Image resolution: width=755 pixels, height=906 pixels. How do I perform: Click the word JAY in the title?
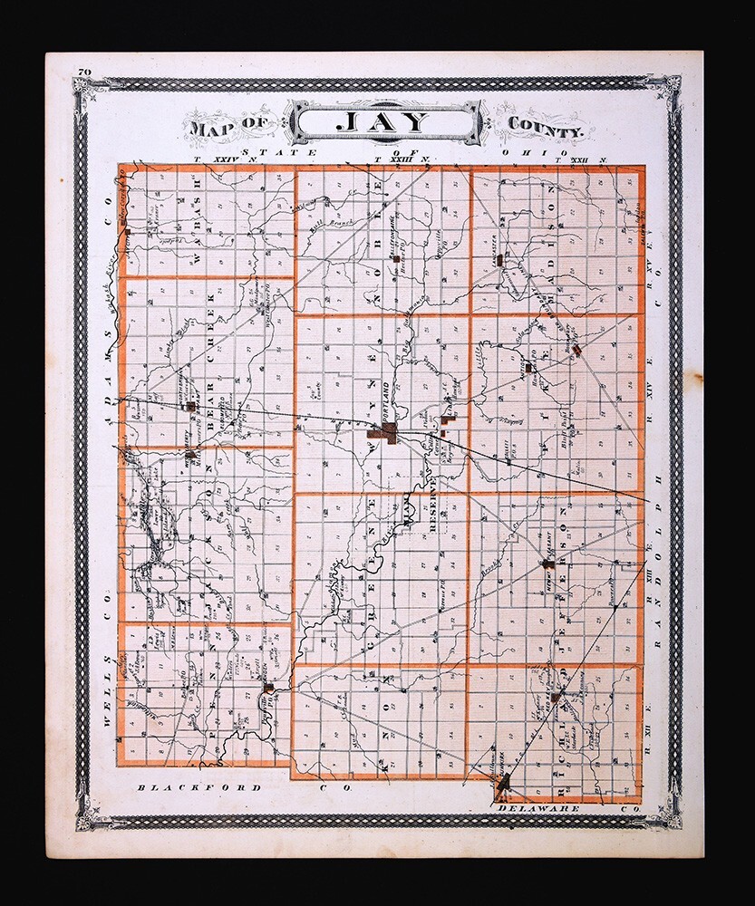pyautogui.click(x=384, y=122)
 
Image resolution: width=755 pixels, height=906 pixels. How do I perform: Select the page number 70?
pyautogui.click(x=84, y=72)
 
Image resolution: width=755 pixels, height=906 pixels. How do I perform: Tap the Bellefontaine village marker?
pyautogui.click(x=396, y=259)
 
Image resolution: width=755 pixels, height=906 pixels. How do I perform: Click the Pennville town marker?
pyautogui.click(x=268, y=689)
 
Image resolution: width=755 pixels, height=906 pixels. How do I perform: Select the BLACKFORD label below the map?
pyautogui.click(x=199, y=788)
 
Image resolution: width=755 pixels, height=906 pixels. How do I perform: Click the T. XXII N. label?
pyautogui.click(x=586, y=159)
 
